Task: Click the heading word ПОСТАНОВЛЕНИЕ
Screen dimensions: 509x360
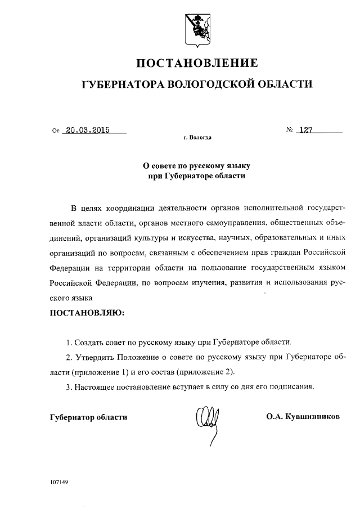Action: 197,63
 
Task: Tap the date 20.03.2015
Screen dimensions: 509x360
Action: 87,129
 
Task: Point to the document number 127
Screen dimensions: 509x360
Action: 306,129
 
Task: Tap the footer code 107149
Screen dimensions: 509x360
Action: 58,483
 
